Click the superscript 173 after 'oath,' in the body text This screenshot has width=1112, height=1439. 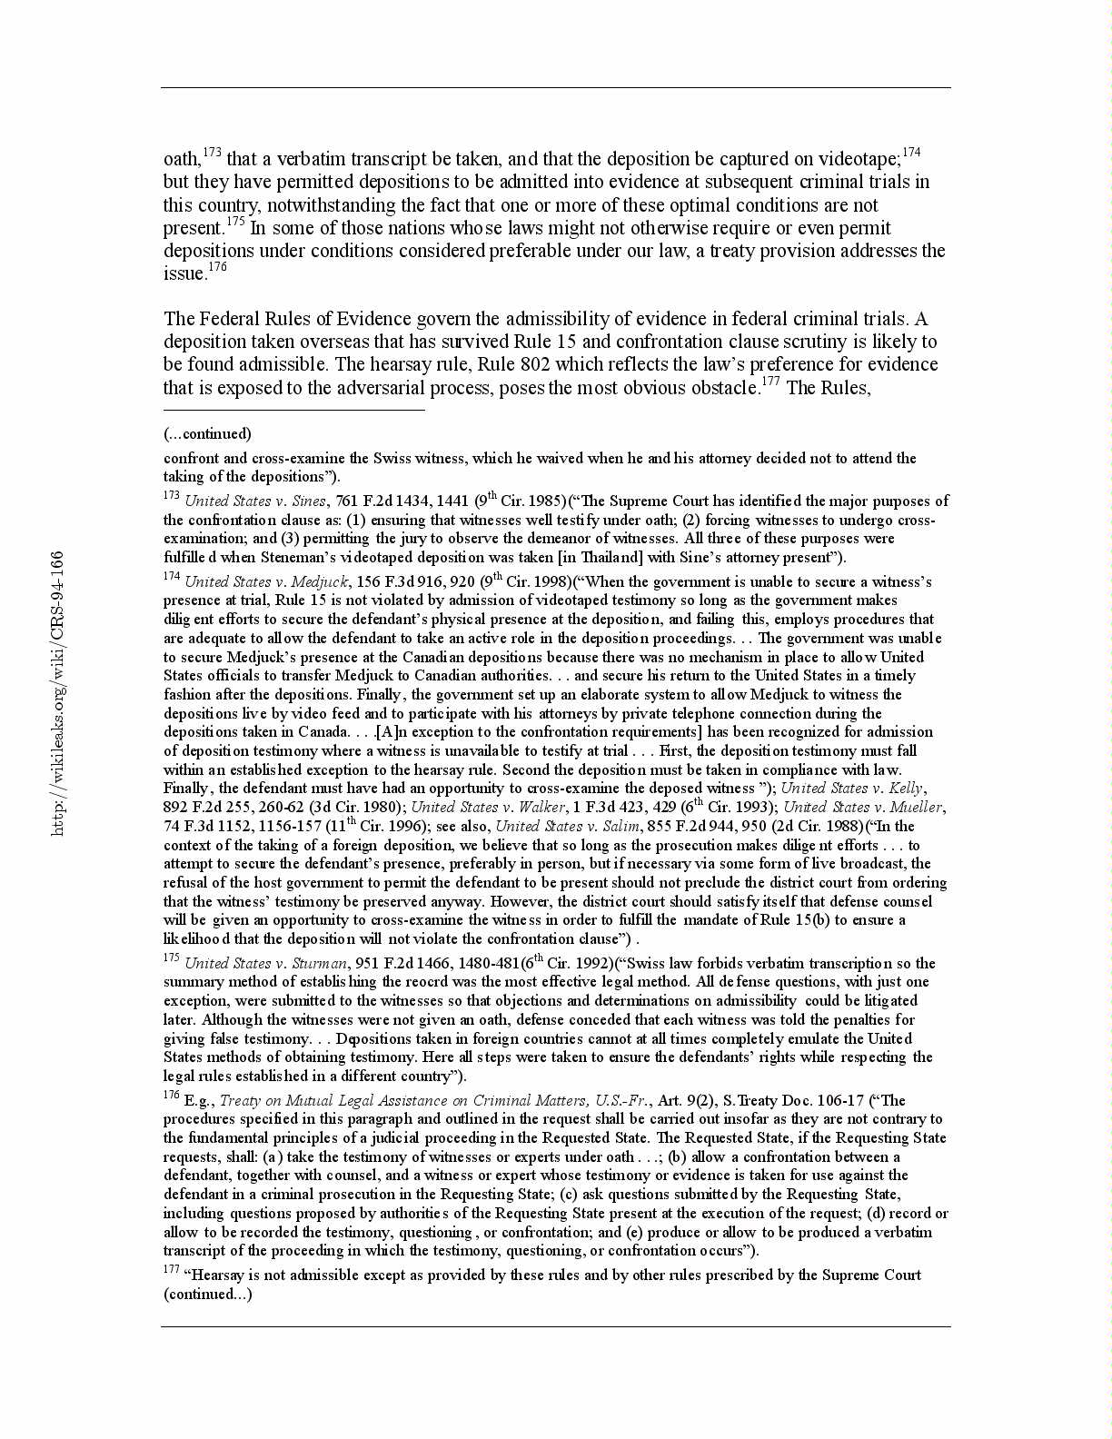click(x=212, y=153)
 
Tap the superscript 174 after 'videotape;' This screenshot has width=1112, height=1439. click(x=911, y=153)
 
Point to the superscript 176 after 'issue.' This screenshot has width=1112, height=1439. click(x=217, y=267)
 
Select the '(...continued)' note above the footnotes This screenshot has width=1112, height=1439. click(x=207, y=433)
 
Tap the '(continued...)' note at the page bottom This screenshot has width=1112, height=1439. click(x=207, y=1294)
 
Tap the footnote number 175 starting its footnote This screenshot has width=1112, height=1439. click(x=172, y=959)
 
